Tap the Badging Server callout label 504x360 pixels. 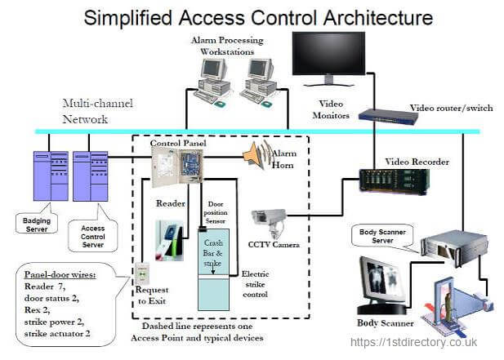pos(40,223)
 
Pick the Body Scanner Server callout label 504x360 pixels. pos(383,238)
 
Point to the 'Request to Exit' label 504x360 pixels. pos(153,296)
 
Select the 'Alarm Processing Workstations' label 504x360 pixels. pos(228,45)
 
